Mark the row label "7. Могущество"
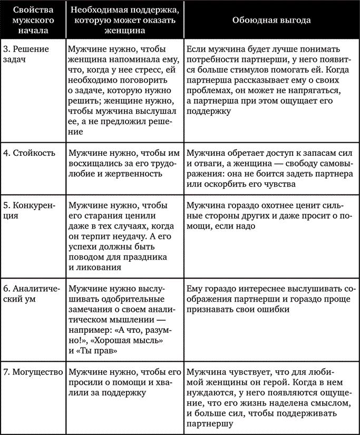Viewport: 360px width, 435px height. point(33,371)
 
